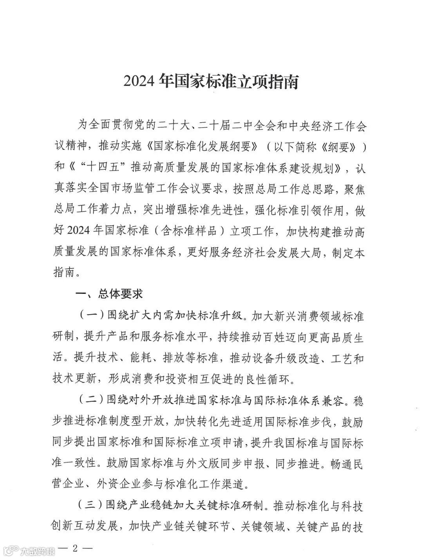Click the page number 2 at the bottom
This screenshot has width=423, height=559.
(74, 550)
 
